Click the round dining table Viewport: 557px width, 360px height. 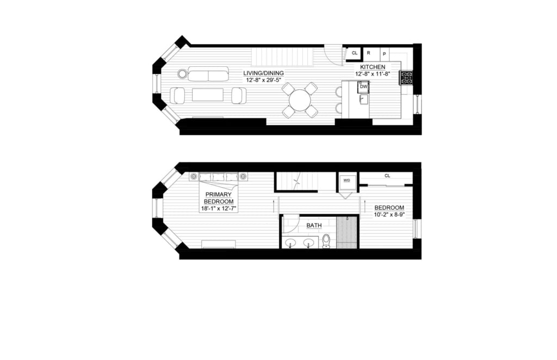pyautogui.click(x=300, y=100)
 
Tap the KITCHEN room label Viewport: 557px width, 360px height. pyautogui.click(x=373, y=67)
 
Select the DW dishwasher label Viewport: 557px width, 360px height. pyautogui.click(x=363, y=86)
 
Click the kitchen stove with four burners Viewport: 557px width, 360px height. pyautogui.click(x=406, y=78)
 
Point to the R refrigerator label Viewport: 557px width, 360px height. pyautogui.click(x=368, y=53)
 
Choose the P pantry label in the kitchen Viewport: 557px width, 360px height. pyautogui.click(x=385, y=54)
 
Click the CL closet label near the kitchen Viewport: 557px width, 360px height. pyautogui.click(x=355, y=53)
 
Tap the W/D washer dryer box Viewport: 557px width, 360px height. pyautogui.click(x=346, y=182)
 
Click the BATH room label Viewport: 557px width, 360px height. pyautogui.click(x=314, y=226)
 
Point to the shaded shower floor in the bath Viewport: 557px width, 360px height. pyautogui.click(x=347, y=232)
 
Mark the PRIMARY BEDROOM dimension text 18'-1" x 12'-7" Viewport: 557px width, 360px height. pyautogui.click(x=218, y=209)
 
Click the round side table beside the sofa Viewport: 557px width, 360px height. pyautogui.click(x=182, y=74)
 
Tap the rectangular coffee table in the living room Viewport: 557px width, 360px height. pyautogui.click(x=208, y=95)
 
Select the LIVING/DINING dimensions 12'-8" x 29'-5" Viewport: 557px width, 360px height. pyautogui.click(x=264, y=80)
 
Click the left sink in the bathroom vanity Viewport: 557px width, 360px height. pyautogui.click(x=291, y=244)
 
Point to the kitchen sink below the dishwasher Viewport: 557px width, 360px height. pyautogui.click(x=363, y=100)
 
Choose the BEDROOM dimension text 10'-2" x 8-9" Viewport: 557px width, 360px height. pyautogui.click(x=389, y=214)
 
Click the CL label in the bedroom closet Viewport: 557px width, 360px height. pyautogui.click(x=387, y=176)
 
